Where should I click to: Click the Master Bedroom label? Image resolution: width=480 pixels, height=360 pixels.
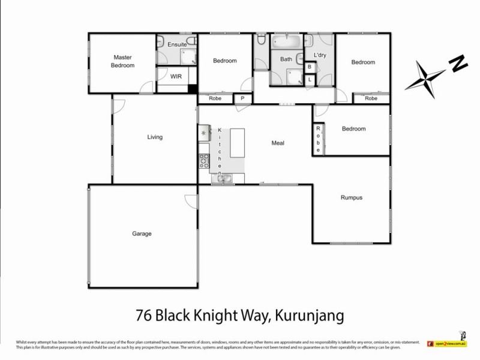click(122, 61)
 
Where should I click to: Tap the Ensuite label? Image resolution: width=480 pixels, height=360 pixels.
click(176, 44)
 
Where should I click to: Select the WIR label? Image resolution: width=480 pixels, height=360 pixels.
click(176, 77)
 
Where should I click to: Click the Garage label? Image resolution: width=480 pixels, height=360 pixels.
click(142, 233)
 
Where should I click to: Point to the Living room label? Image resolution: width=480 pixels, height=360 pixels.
click(155, 137)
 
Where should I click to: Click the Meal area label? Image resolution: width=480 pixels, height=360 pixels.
click(277, 143)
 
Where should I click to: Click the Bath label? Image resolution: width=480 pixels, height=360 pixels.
click(286, 59)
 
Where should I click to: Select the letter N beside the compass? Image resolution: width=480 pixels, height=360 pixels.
click(458, 62)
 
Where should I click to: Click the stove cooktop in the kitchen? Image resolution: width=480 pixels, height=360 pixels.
click(204, 161)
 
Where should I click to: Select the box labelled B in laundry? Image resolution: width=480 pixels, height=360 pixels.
click(310, 68)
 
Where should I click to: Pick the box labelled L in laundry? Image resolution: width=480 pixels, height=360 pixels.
click(310, 79)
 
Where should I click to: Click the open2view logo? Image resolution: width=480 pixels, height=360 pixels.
click(448, 344)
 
